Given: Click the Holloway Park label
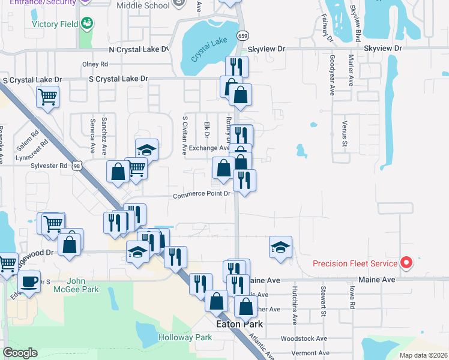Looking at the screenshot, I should (185, 337).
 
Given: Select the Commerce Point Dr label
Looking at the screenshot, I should (202, 194).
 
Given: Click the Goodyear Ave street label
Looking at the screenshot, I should (332, 76).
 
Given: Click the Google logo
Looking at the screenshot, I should (20, 353).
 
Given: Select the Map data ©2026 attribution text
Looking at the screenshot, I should (423, 355).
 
